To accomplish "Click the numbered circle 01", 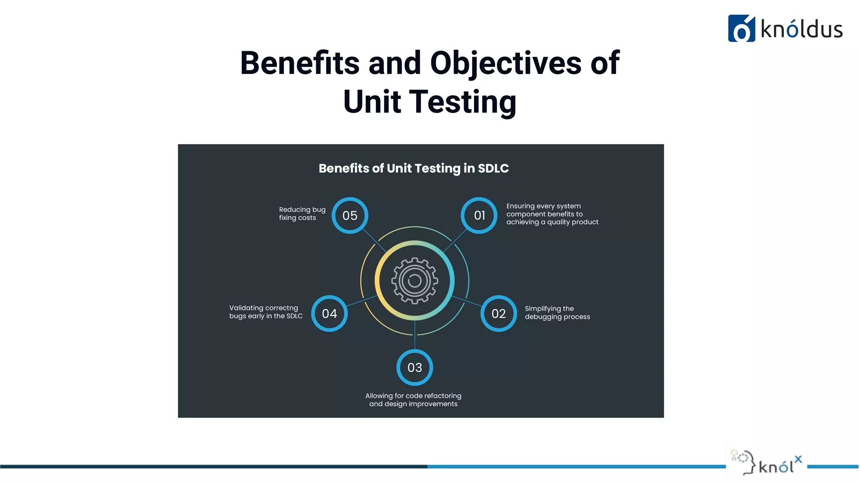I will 479,215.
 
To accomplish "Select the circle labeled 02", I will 498,313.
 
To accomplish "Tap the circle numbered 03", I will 414,368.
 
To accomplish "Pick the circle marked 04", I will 329,313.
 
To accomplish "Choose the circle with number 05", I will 350,215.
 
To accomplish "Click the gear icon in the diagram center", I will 414,281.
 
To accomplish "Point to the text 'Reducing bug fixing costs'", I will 302,213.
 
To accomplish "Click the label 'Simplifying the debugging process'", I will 557,313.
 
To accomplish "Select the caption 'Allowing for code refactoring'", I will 413,396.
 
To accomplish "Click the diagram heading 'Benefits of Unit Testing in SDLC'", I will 414,168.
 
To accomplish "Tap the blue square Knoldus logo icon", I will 741,29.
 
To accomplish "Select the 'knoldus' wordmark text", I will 801,29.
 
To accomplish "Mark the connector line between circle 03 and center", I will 415,335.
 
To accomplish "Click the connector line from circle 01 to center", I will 455,240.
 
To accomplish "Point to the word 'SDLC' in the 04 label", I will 294,316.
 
